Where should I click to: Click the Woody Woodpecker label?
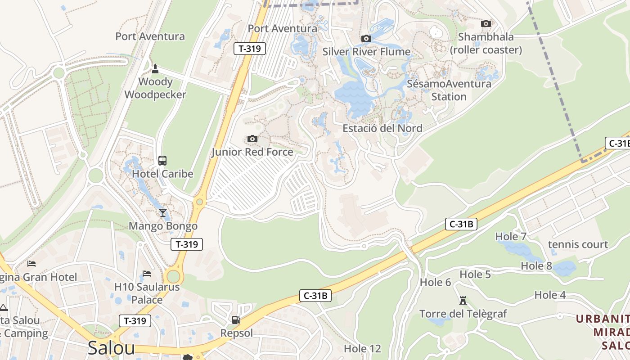pos(155,88)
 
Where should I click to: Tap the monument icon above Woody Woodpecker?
pos(155,68)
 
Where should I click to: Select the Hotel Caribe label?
pos(162,174)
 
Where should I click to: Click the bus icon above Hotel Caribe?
pos(162,161)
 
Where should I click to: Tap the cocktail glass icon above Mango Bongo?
pos(162,212)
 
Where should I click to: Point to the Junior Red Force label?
pos(252,152)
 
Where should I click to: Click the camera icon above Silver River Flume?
pos(366,38)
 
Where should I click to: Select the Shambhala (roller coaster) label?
pos(486,43)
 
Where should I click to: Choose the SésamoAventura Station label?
pos(449,90)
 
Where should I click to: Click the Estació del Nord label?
pos(382,128)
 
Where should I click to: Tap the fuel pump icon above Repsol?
pos(236,320)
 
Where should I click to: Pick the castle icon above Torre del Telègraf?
pos(463,300)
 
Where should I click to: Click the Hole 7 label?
pos(511,236)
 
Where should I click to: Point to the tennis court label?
pos(578,244)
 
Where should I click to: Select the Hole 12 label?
pos(362,349)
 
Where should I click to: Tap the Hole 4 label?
pos(550,295)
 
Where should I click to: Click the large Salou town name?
pos(111,348)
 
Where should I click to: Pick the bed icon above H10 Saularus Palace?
pos(147,273)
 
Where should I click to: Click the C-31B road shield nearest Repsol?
pos(315,296)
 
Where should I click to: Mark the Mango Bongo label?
pos(163,226)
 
